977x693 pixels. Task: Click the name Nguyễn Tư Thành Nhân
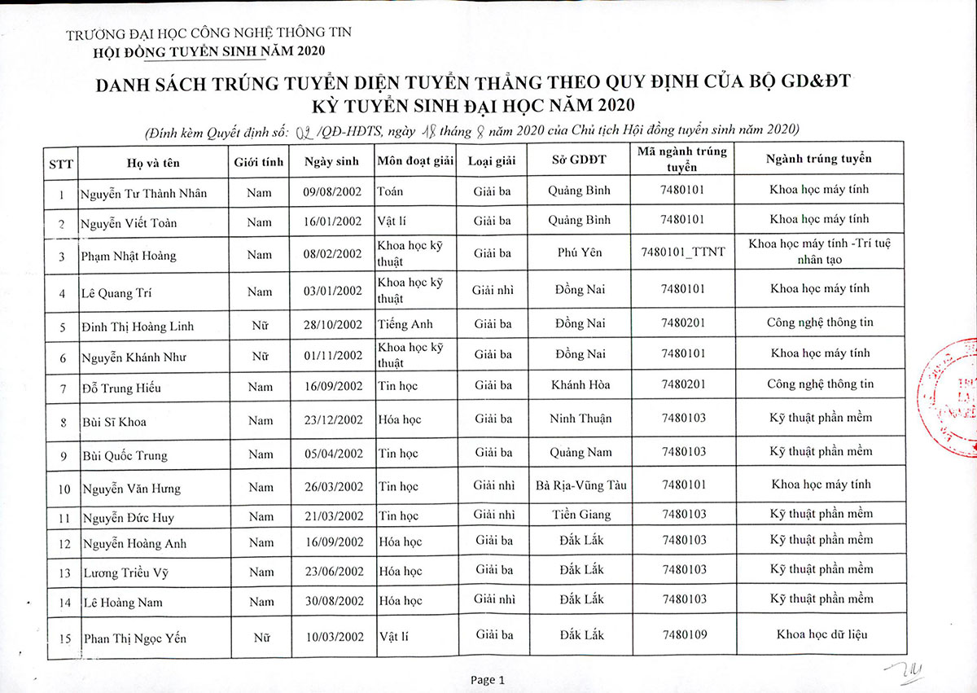click(144, 193)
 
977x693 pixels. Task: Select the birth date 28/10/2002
click(333, 324)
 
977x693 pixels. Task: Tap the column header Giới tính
click(259, 161)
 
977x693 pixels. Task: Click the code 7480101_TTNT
click(683, 252)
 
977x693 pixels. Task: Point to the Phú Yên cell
click(580, 252)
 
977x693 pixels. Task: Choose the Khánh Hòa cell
click(580, 384)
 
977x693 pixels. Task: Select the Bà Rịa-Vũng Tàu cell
click(581, 485)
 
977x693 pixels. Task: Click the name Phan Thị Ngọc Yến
click(134, 638)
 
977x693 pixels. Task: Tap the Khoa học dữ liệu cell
click(821, 634)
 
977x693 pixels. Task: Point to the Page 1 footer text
click(488, 680)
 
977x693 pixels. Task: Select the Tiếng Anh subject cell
click(405, 324)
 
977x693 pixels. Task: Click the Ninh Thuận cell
click(580, 419)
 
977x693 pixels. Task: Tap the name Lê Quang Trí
click(117, 293)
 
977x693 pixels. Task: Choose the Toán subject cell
click(391, 191)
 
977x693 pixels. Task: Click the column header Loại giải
click(492, 160)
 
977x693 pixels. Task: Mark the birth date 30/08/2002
click(333, 601)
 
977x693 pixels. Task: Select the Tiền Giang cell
click(580, 515)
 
